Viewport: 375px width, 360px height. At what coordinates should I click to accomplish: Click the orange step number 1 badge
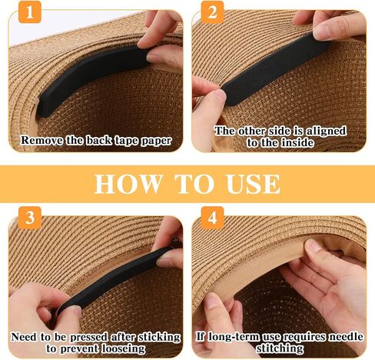click(x=30, y=12)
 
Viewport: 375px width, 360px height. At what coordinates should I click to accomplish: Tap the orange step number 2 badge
click(x=212, y=12)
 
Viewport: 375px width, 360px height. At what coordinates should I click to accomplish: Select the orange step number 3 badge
click(x=30, y=218)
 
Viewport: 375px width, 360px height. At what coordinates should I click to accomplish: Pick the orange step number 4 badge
click(x=212, y=218)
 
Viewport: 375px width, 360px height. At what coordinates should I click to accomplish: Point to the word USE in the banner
click(x=254, y=184)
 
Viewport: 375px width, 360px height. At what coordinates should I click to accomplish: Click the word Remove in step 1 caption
click(x=41, y=141)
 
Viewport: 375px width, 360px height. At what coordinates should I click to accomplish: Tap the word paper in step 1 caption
click(x=156, y=141)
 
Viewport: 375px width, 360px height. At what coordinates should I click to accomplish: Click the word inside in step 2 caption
click(x=297, y=142)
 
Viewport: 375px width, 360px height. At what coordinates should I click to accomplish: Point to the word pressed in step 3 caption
click(x=90, y=337)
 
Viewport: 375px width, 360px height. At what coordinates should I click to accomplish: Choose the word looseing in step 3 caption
click(x=123, y=349)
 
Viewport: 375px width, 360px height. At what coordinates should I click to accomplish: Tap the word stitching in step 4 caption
click(x=280, y=348)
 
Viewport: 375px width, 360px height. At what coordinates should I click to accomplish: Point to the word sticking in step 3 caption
click(x=159, y=337)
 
